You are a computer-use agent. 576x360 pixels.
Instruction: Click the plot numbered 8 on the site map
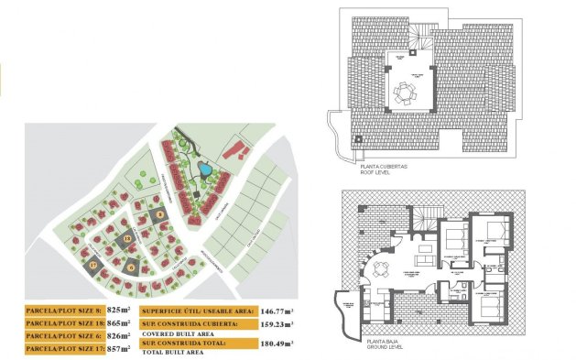tap(159, 214)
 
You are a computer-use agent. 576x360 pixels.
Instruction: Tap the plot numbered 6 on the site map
tap(133, 267)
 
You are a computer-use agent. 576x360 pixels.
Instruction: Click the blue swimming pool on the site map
tap(206, 169)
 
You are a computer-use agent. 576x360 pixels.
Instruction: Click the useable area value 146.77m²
tap(274, 311)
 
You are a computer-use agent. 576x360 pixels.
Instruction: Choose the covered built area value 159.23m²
tap(274, 323)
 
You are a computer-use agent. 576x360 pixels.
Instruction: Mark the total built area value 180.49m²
tap(274, 344)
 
